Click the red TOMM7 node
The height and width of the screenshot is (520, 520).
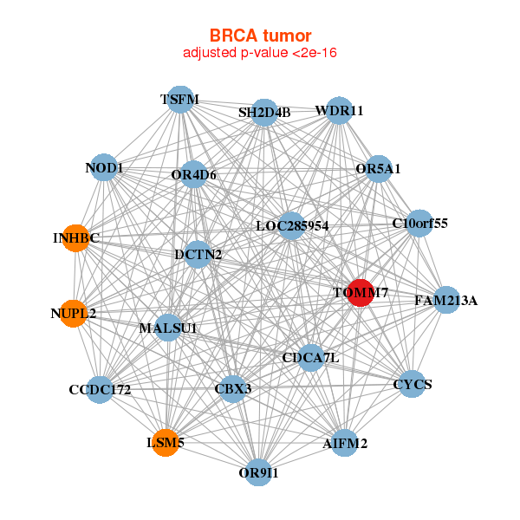tap(360, 292)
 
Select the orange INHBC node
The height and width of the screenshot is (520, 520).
tap(76, 237)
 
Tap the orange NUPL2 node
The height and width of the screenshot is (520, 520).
tap(74, 312)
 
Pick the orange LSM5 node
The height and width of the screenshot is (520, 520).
tap(165, 443)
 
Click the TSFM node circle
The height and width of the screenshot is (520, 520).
tap(179, 100)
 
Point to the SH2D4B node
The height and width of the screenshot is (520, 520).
tap(264, 113)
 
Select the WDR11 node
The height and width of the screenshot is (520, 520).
tap(339, 111)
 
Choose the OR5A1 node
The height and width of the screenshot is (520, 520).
tap(379, 169)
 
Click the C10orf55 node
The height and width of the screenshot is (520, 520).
tap(419, 223)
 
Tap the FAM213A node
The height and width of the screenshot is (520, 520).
tap(445, 301)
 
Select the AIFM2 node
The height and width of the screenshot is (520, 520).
tap(345, 443)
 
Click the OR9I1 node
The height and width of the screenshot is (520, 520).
tap(258, 472)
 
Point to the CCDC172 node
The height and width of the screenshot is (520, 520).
tap(101, 389)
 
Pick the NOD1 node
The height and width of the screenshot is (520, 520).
tap(104, 167)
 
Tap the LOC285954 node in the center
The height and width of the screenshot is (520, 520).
tap(292, 226)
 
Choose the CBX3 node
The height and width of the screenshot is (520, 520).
tap(232, 388)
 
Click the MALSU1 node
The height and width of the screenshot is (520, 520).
tap(168, 328)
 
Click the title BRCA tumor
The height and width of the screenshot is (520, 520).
tap(260, 36)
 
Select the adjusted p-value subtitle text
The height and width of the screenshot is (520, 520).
tap(260, 53)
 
